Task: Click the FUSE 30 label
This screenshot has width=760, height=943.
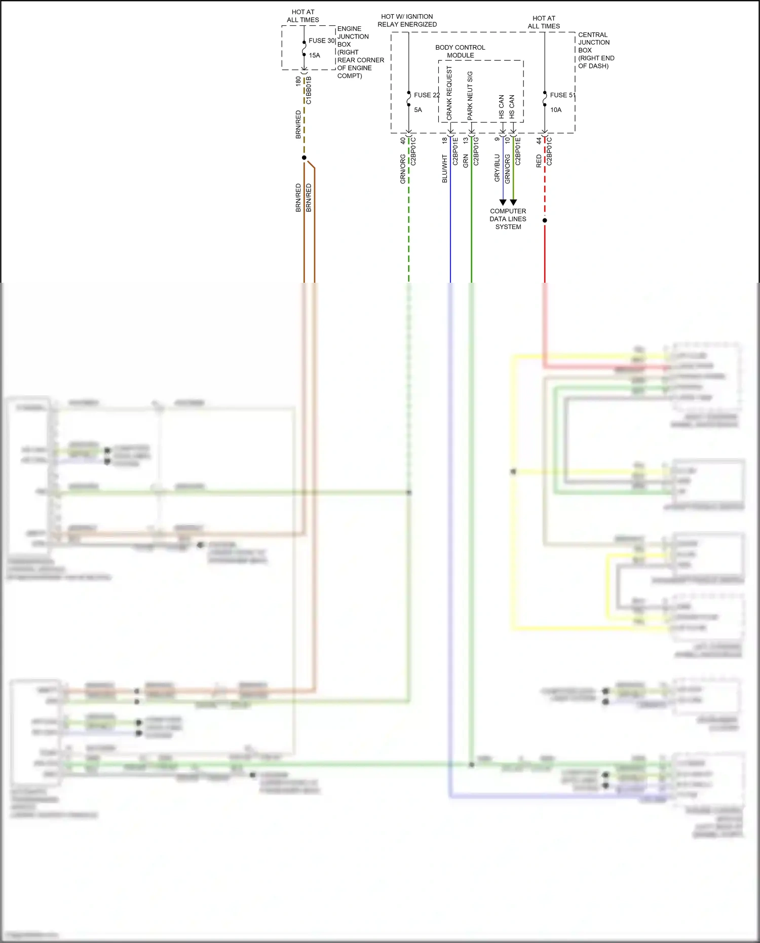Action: pos(321,41)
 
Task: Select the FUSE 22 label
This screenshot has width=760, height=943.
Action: pos(426,95)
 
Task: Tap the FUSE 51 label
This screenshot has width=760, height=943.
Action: pos(562,95)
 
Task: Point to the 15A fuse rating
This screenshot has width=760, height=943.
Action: pos(314,55)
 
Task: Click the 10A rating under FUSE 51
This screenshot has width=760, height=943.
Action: pos(555,109)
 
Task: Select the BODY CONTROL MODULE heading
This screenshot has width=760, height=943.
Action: pos(460,51)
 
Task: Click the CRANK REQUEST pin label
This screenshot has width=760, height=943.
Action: pos(449,93)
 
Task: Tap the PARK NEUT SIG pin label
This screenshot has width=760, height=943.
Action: pos(470,95)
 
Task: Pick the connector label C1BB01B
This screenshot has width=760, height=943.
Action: pos(309,90)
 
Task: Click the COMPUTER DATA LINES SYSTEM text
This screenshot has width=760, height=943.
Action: pos(508,219)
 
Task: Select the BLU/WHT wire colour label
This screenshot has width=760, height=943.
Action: pos(445,169)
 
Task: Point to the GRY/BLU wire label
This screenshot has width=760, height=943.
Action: pos(497,168)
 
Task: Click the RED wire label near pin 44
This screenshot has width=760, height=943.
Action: pos(539,161)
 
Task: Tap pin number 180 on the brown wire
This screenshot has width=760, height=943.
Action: pos(298,81)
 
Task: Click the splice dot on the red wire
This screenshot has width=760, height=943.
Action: pos(545,220)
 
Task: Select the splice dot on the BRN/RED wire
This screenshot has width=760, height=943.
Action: pos(304,158)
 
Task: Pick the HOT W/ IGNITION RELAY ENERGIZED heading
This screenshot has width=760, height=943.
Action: pos(407,20)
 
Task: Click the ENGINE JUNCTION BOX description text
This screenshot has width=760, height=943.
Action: pos(360,52)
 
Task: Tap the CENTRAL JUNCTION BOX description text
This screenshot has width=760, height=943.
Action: pos(595,50)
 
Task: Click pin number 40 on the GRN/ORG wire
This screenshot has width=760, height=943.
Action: pos(403,141)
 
